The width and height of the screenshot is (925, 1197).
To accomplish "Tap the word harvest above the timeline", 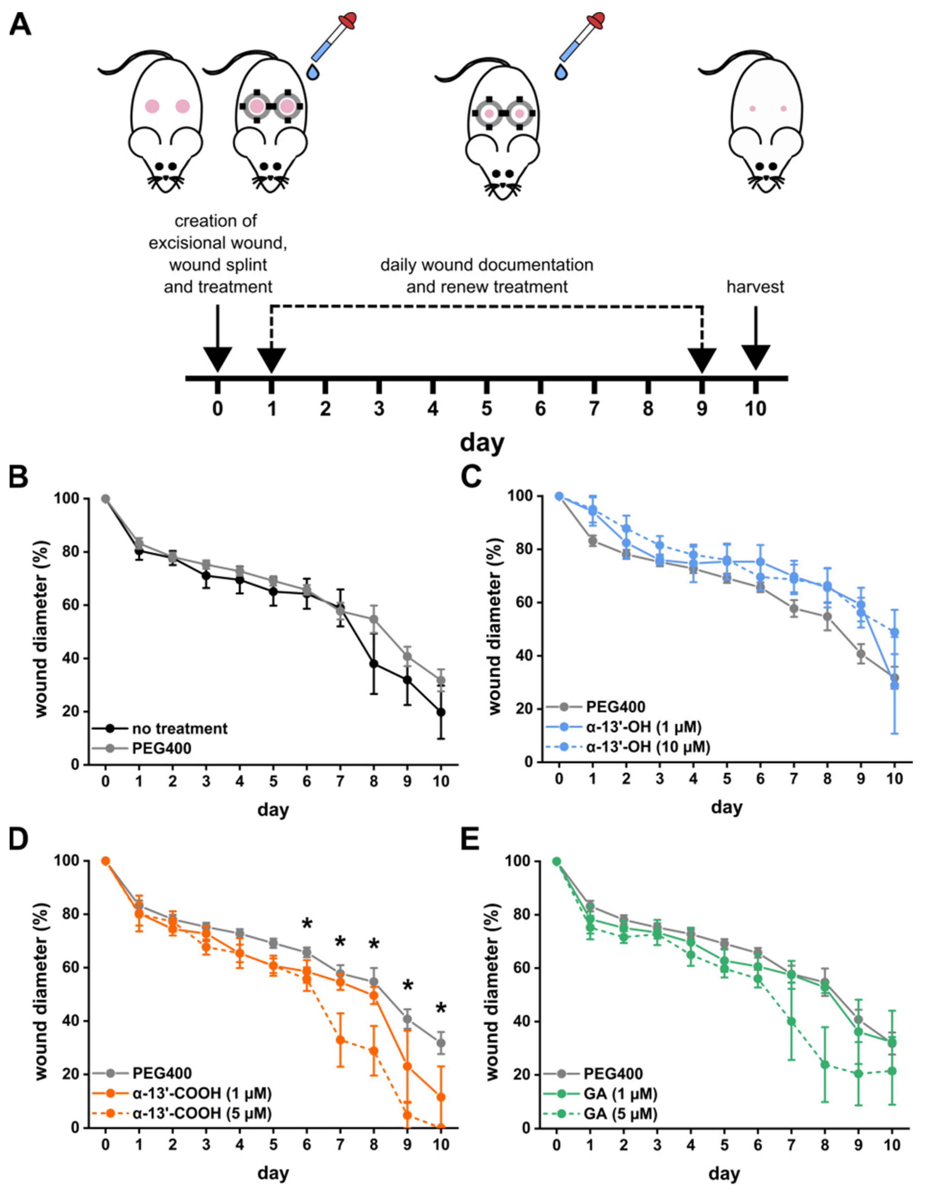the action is coord(755,287).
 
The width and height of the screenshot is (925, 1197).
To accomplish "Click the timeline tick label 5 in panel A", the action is coord(486,409).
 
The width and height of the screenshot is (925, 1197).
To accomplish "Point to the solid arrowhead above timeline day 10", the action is coord(756,357).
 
